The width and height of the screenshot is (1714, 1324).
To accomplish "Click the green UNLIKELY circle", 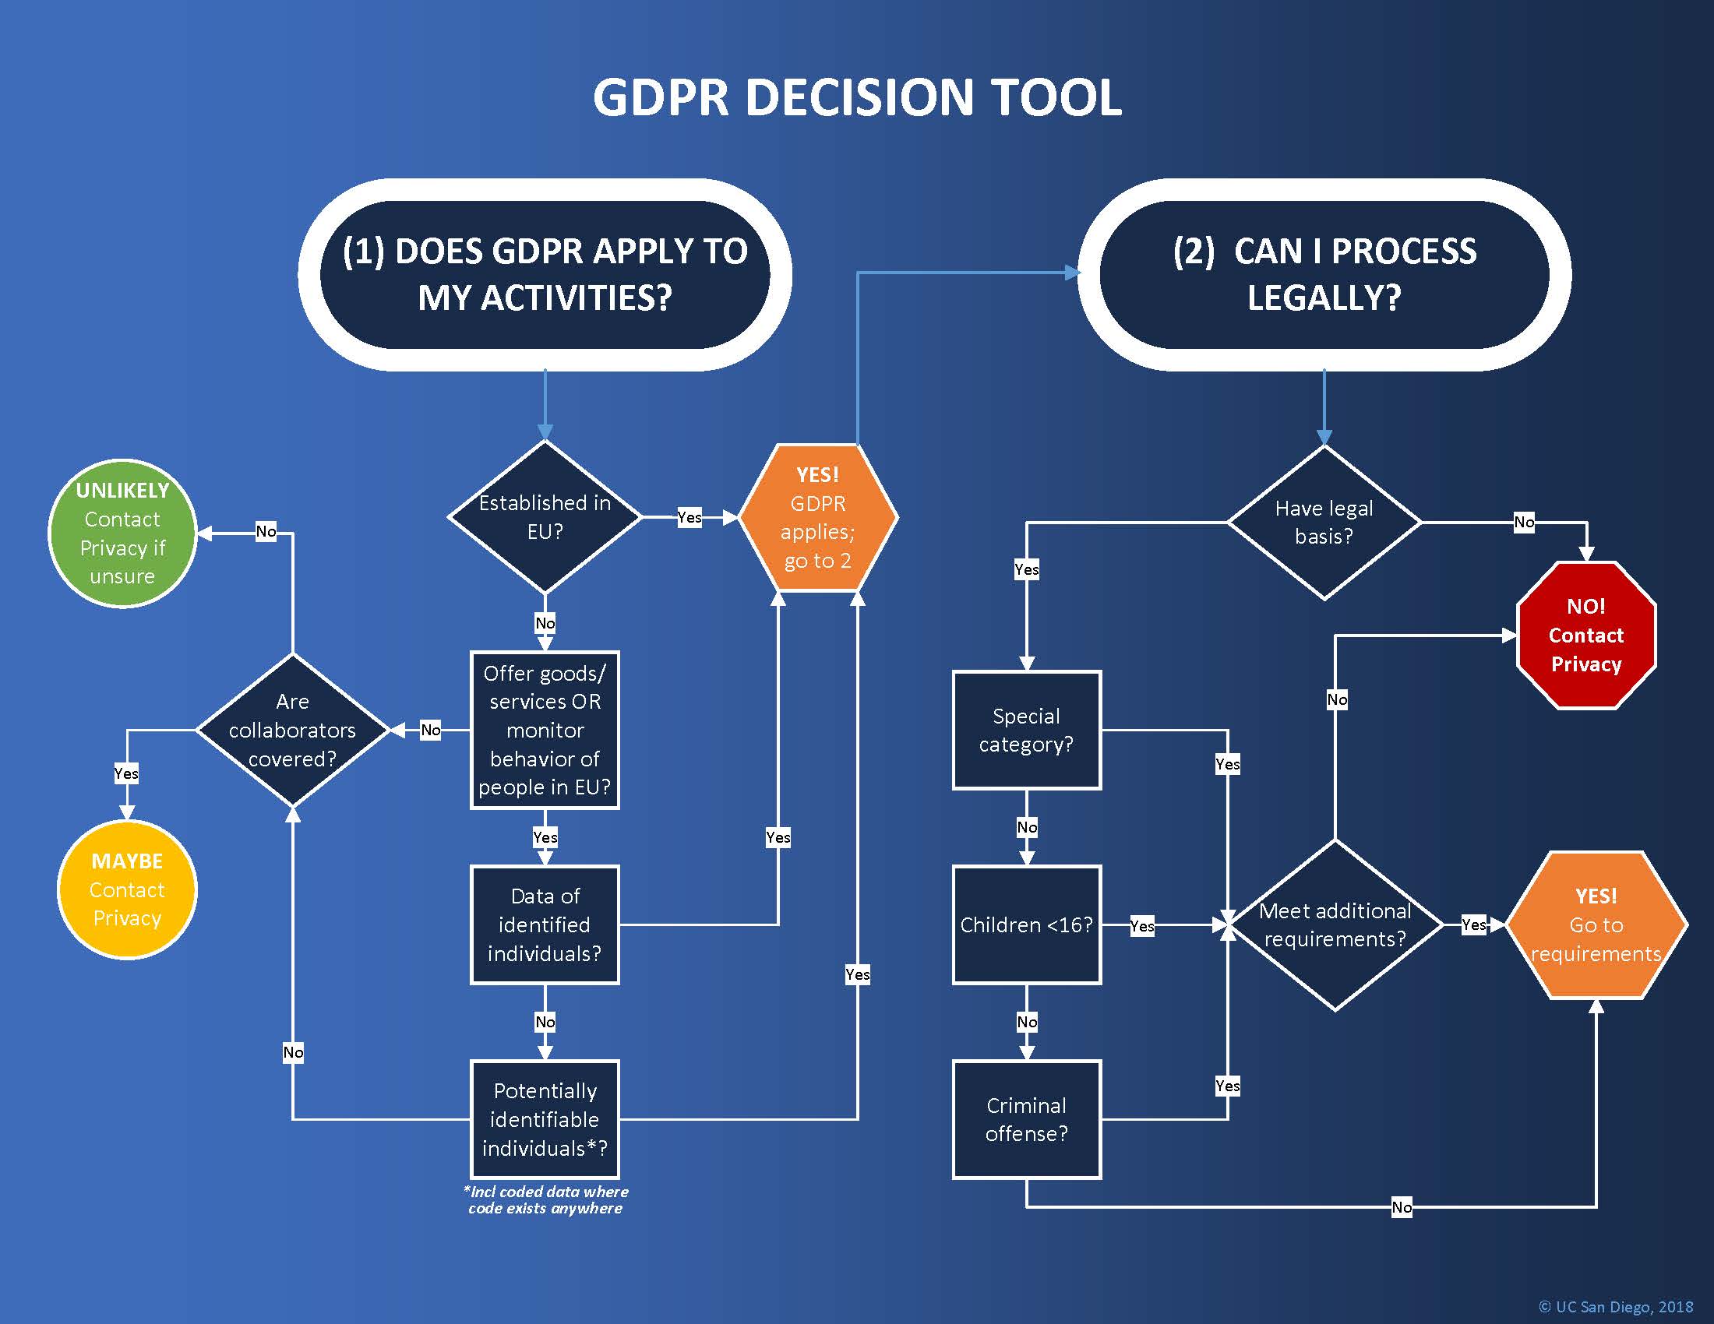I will (x=122, y=533).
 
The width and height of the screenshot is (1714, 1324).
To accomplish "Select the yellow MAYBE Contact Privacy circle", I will (x=127, y=889).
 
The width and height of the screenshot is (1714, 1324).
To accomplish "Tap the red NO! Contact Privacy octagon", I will (x=1585, y=636).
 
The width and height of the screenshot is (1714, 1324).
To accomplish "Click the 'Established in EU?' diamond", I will (x=545, y=517).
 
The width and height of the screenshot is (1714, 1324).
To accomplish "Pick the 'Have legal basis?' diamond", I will (x=1324, y=523).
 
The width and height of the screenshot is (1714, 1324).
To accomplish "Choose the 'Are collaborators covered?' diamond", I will (x=292, y=731).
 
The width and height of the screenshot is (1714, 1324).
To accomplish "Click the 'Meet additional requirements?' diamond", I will (x=1335, y=925).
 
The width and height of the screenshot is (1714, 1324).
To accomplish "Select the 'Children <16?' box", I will (x=1027, y=924).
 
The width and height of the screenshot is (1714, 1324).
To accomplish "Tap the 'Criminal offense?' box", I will (x=1027, y=1119).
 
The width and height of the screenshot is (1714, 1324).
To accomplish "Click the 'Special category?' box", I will (x=1027, y=731).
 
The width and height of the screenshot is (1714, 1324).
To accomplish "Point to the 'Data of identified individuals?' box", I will (x=545, y=924).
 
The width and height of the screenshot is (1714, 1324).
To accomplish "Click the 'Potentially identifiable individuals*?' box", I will (x=545, y=1119).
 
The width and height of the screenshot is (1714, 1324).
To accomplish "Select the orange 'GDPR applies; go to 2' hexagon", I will (x=818, y=518).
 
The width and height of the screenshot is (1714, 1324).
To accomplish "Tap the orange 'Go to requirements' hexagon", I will (x=1596, y=925).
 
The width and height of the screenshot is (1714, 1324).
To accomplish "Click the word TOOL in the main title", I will (x=1056, y=98).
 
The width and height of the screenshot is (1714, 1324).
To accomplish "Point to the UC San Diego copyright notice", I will (x=1615, y=1307).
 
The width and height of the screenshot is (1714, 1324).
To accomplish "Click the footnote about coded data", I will (x=546, y=1200).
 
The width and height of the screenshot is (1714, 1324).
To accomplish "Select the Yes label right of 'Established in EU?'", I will (x=689, y=518).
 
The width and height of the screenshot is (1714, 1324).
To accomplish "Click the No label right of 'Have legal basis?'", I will (x=1523, y=523).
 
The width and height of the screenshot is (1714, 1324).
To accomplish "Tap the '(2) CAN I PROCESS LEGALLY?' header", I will (x=1324, y=274).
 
